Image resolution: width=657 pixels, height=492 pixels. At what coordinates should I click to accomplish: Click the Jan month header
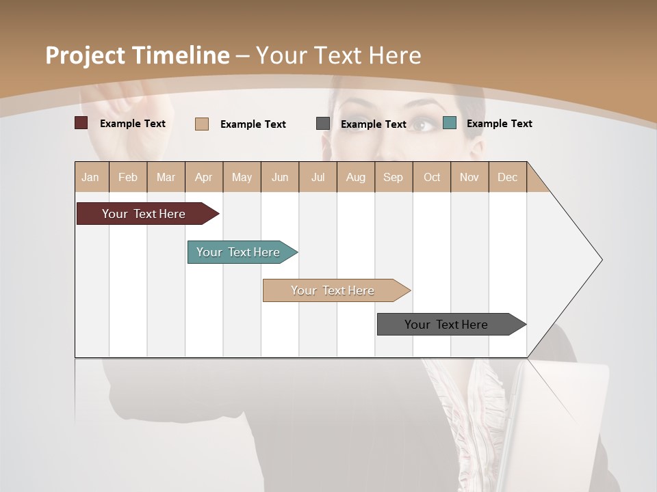coord(90,178)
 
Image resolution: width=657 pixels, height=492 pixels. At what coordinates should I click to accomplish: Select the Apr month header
coord(204,178)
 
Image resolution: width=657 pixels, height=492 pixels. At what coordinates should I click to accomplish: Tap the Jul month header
coord(318,178)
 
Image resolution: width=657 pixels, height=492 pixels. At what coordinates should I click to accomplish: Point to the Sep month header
coord(393,178)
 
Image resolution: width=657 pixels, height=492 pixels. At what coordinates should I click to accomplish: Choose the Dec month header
coord(507,178)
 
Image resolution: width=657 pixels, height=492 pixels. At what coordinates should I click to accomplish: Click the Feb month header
coord(128,178)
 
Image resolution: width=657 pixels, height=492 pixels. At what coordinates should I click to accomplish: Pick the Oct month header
coord(432,178)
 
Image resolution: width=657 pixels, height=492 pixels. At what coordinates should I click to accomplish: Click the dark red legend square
coord(81,123)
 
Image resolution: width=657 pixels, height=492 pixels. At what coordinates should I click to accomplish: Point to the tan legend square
coord(202,124)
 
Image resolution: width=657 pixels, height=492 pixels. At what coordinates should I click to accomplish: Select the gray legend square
coord(323,124)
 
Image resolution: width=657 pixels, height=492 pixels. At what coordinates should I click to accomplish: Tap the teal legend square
coord(450,123)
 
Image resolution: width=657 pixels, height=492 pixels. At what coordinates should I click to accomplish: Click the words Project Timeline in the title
coord(138,55)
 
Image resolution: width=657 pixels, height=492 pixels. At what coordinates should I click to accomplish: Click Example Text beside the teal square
coord(499,124)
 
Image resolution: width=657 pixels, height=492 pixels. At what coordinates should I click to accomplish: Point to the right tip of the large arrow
coord(601,260)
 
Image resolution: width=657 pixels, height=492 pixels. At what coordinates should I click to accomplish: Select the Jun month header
coord(280,178)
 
